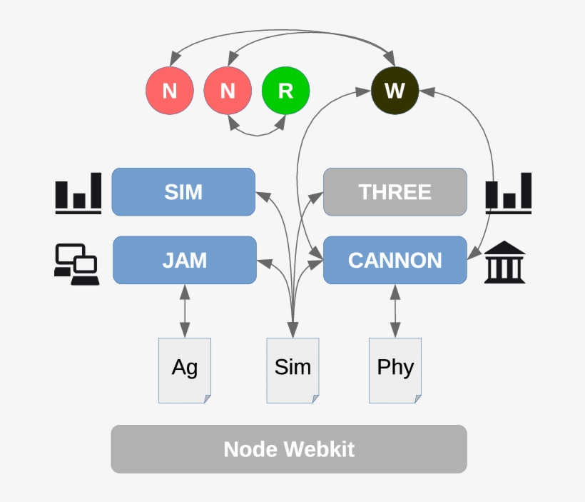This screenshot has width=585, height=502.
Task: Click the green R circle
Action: [285, 91]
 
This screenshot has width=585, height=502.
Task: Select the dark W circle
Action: [395, 91]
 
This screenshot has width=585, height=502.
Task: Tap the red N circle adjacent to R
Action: [228, 91]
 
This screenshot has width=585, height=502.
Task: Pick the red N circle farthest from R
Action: [170, 91]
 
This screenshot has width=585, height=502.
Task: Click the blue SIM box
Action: [183, 192]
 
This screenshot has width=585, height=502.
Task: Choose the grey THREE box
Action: [395, 192]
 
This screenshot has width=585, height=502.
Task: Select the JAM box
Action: [184, 260]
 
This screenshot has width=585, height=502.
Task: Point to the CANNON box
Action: [395, 260]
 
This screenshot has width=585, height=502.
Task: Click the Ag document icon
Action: [185, 370]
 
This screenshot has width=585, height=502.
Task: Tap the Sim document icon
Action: [292, 370]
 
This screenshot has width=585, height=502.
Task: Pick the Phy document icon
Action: [395, 370]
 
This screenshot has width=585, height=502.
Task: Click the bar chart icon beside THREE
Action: [509, 193]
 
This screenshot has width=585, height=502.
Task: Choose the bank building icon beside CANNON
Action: [505, 263]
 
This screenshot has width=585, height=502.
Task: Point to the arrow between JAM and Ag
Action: [185, 311]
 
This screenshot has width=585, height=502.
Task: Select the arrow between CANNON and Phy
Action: [395, 311]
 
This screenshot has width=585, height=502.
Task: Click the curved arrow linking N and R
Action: [257, 131]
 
